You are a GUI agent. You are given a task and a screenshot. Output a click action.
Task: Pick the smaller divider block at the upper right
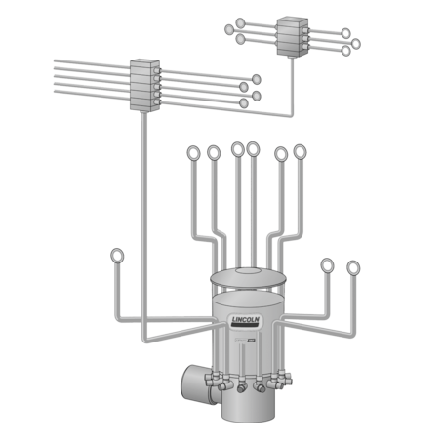coord(291,34)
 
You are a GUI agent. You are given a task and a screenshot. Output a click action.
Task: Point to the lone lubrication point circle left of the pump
coord(118,257)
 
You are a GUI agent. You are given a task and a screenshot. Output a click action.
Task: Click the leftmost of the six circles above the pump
coord(191,153)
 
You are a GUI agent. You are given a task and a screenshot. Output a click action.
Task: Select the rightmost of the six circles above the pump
coord(300,150)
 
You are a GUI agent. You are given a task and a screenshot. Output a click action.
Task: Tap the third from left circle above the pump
coord(237,148)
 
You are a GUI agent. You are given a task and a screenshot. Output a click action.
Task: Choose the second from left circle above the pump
coord(214,152)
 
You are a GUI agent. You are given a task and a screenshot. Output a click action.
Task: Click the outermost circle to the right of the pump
coord(353,266)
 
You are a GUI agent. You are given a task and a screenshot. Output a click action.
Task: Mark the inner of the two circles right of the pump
coord(327,265)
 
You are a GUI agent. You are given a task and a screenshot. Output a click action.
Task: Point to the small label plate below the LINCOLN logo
coord(250,339)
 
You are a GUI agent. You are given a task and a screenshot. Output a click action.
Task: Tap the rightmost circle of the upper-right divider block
coord(356,44)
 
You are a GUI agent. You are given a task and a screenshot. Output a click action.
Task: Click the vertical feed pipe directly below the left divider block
coord(143,195)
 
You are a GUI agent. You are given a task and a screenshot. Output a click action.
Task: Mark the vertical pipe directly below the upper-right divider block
coord(291,83)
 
